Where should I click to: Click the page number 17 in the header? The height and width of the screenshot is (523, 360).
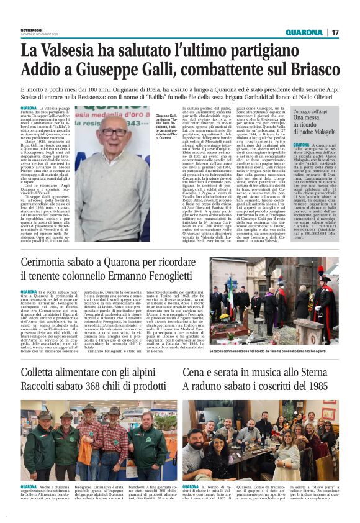click(335, 32)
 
